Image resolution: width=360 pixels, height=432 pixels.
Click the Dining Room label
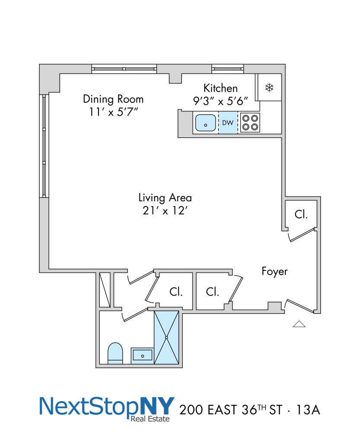click(x=113, y=99)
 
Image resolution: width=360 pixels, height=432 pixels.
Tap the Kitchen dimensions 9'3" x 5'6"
click(x=220, y=101)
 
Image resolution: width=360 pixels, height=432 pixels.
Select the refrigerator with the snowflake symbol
click(x=269, y=88)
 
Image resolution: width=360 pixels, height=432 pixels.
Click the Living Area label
click(x=165, y=198)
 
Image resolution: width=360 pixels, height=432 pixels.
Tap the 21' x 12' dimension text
click(x=165, y=211)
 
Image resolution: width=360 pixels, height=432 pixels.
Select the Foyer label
click(x=274, y=271)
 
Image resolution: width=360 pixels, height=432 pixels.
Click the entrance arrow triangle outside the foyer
click(x=299, y=324)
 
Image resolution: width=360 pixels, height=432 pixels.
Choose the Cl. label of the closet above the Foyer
click(x=301, y=214)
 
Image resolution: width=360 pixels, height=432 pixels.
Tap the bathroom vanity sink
click(x=142, y=356)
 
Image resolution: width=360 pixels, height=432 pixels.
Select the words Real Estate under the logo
click(x=150, y=418)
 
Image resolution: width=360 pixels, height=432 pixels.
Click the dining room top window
click(x=124, y=69)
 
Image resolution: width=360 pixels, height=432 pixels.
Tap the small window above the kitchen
click(x=228, y=69)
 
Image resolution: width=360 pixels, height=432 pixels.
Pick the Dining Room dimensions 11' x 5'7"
click(x=113, y=112)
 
